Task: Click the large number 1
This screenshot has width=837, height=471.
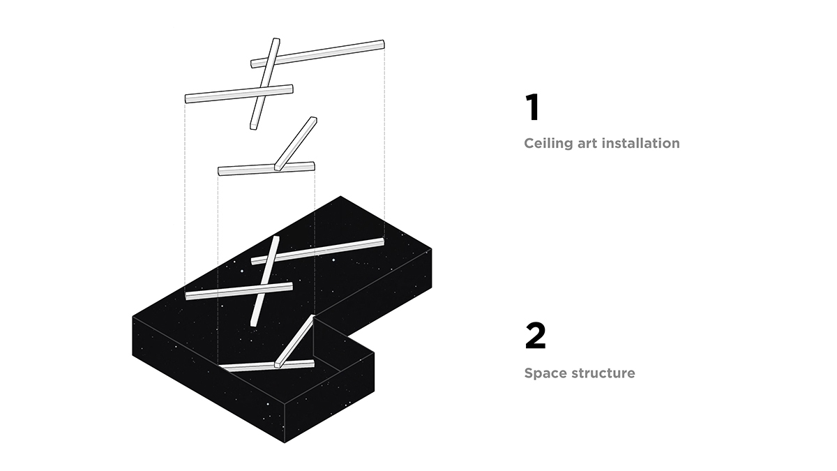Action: (531, 108)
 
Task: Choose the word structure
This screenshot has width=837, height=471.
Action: (603, 373)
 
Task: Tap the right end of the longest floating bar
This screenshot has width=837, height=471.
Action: (382, 45)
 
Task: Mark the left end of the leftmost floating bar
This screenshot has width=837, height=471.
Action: (187, 98)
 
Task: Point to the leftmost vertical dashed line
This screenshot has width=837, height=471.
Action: (185, 195)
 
